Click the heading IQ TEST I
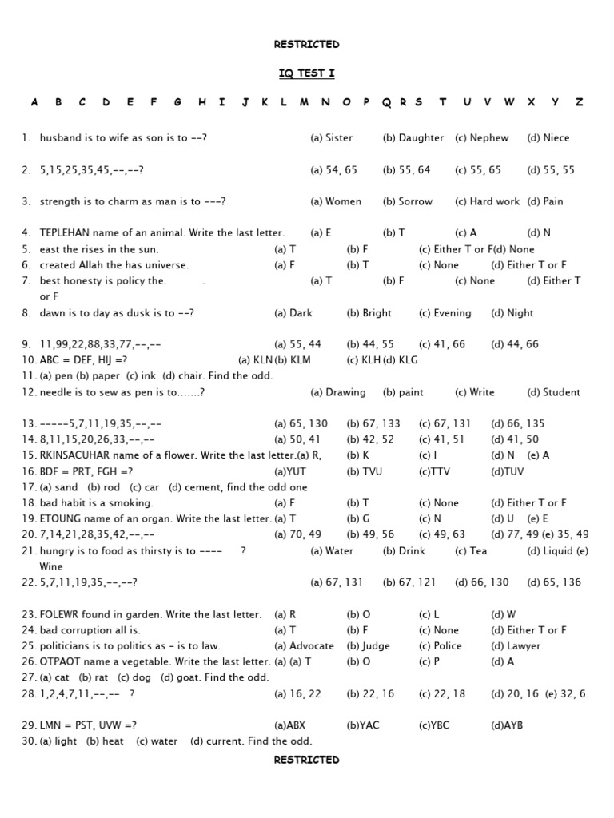tap(306, 73)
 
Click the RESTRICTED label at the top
tap(306, 45)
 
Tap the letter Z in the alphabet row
tap(580, 102)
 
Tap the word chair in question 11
tap(192, 376)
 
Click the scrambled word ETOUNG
tap(60, 519)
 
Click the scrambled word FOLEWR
tap(61, 615)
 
